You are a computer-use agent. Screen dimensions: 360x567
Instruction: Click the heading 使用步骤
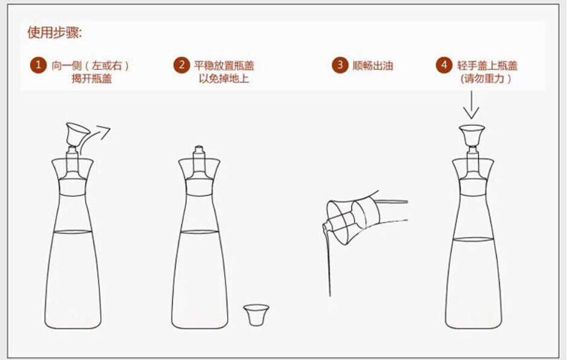pyautogui.click(x=54, y=33)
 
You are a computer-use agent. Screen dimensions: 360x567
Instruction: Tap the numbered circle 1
pyautogui.click(x=39, y=65)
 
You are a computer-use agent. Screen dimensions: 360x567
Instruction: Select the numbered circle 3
pyautogui.click(x=340, y=65)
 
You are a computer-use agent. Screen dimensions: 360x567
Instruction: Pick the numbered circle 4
pyautogui.click(x=444, y=65)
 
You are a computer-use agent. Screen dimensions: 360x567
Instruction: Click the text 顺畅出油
pyautogui.click(x=373, y=66)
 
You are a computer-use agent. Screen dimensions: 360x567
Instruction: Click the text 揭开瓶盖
pyautogui.click(x=92, y=79)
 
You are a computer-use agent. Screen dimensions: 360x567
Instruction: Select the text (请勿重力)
pyautogui.click(x=486, y=79)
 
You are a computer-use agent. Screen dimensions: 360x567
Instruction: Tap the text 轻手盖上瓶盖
pyautogui.click(x=487, y=66)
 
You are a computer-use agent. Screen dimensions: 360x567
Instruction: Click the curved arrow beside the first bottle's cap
pyautogui.click(x=98, y=134)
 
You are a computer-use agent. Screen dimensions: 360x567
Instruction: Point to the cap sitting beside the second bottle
pyautogui.click(x=256, y=314)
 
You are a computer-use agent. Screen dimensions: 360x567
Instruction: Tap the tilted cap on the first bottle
pyautogui.click(x=77, y=132)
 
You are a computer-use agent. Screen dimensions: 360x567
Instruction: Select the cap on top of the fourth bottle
pyautogui.click(x=472, y=134)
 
